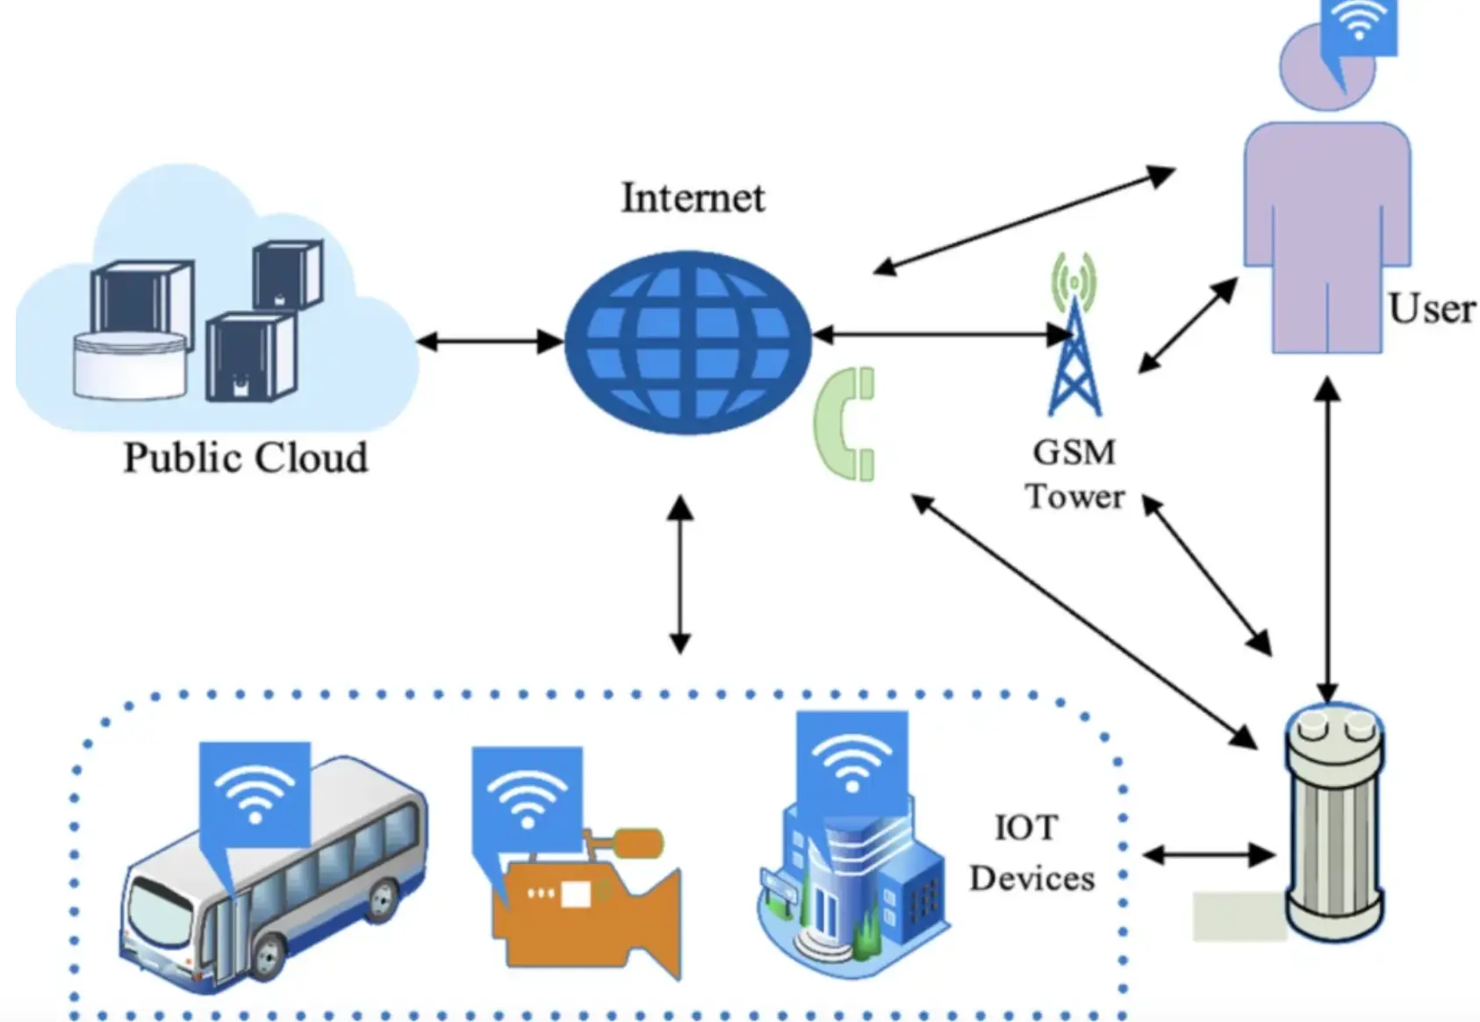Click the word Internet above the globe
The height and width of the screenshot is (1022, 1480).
pyautogui.click(x=693, y=198)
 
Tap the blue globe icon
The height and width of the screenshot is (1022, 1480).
pyautogui.click(x=687, y=342)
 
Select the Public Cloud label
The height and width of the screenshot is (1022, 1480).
pyautogui.click(x=245, y=458)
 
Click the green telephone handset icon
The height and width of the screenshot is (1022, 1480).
pyautogui.click(x=846, y=424)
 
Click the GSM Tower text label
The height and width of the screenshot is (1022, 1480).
pyautogui.click(x=1074, y=474)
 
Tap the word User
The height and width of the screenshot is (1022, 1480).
pyautogui.click(x=1432, y=309)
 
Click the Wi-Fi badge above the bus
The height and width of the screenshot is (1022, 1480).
pyautogui.click(x=255, y=790)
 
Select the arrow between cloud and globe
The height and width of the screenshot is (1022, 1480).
pyautogui.click(x=489, y=342)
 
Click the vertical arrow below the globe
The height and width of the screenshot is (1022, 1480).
pyautogui.click(x=680, y=574)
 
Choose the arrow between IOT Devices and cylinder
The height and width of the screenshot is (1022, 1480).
pyautogui.click(x=1209, y=854)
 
